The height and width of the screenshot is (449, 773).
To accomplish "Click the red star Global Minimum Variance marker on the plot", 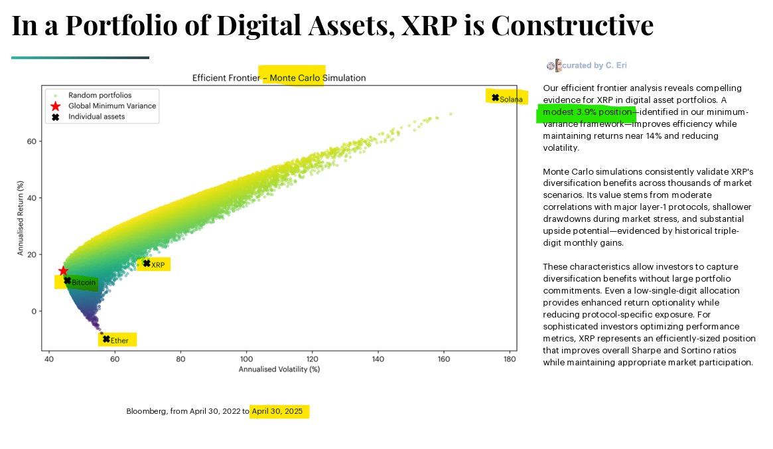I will pos(64,271).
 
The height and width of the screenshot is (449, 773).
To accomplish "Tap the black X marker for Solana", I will pos(495,98).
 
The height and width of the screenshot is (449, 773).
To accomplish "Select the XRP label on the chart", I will pos(158,265).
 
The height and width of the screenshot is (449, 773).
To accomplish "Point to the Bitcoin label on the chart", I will pos(84,284).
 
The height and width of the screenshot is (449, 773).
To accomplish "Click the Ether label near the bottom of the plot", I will pos(119,341).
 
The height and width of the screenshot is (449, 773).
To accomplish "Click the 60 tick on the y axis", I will pos(31,141).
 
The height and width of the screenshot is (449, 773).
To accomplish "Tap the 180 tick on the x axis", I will pos(510,359).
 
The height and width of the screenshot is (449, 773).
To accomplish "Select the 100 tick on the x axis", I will pos(247,359).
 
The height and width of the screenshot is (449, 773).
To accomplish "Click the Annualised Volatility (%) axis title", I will pos(279,369).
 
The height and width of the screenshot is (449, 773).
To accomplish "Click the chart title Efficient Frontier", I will pos(226,78).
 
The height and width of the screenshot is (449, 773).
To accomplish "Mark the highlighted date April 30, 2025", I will pos(277,412).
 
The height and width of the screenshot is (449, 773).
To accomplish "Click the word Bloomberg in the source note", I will pos(145,412).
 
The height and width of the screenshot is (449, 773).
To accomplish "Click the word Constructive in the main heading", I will pos(572,25).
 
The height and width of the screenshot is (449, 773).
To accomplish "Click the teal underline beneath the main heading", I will pos(80,58).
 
